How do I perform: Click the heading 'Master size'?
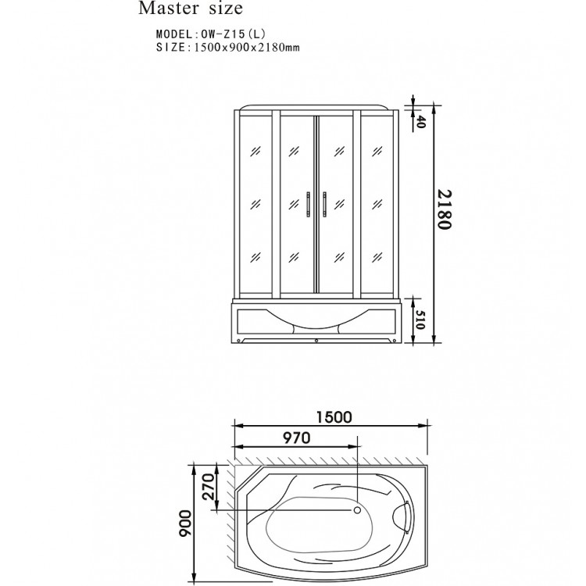(x=191, y=9)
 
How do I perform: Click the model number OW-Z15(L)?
(x=233, y=34)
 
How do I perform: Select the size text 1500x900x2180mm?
(x=247, y=48)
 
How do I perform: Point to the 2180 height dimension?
(x=445, y=209)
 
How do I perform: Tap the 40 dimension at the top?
(x=420, y=121)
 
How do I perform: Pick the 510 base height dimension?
(x=420, y=320)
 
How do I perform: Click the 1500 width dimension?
(x=334, y=417)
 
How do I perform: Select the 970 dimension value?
(x=296, y=438)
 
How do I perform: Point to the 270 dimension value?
(x=209, y=487)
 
